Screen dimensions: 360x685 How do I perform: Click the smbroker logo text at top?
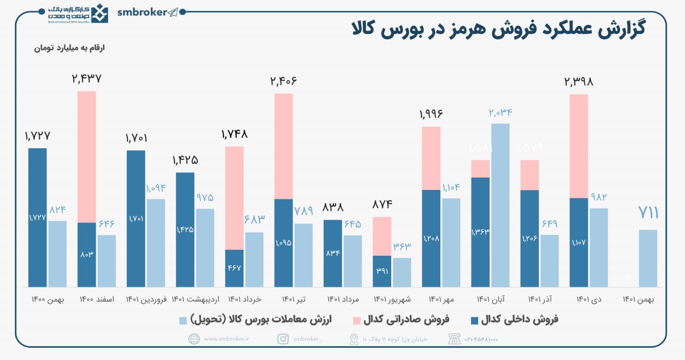tap(142, 13)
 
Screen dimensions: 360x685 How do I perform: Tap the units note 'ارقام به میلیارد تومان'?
tap(70, 48)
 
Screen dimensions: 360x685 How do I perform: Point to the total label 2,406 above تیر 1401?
tap(283, 81)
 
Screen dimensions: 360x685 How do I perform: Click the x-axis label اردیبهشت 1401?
tap(195, 299)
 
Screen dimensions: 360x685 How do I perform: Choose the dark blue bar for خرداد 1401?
tap(234, 268)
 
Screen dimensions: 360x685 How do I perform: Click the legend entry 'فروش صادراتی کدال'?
tap(406, 320)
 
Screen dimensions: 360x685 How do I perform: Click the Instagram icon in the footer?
tap(283, 339)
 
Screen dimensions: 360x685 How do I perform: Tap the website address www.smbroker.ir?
tap(224, 339)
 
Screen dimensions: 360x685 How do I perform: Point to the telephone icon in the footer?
tap(454, 339)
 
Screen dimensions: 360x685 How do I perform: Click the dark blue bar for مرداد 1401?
tap(332, 253)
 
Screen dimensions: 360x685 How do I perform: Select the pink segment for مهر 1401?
tap(431, 158)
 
